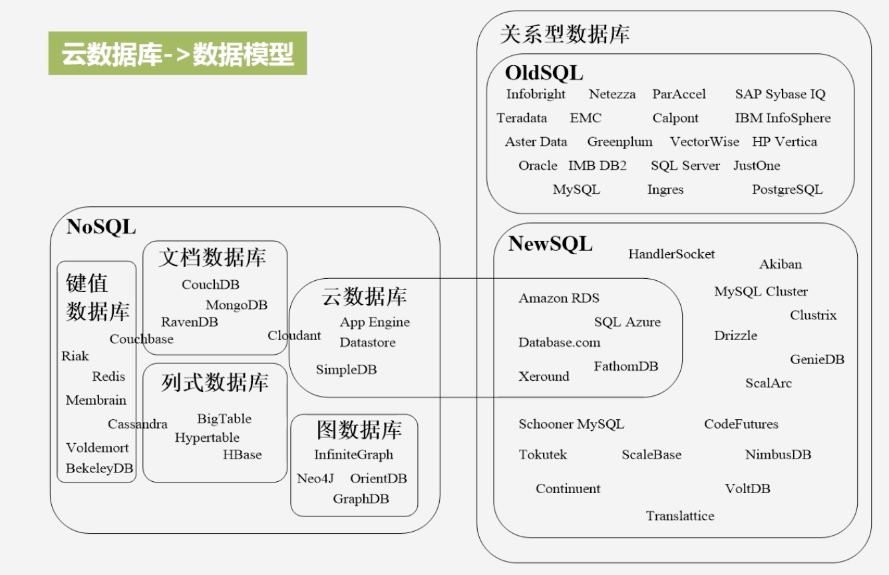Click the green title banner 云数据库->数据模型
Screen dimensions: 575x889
click(x=177, y=53)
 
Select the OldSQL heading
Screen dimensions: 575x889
click(x=544, y=73)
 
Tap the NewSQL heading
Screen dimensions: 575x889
click(x=550, y=244)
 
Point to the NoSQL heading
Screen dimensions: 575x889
click(x=100, y=228)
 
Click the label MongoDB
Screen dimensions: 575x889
click(x=236, y=305)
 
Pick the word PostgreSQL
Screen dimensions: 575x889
click(x=787, y=190)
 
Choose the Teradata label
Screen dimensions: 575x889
click(x=522, y=118)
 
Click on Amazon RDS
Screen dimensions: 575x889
click(x=558, y=298)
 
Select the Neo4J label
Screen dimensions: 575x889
click(x=315, y=479)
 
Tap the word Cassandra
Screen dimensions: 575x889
click(x=138, y=425)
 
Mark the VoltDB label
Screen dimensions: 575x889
click(x=747, y=489)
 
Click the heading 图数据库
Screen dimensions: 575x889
click(x=359, y=431)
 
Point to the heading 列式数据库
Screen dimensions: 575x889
click(x=214, y=383)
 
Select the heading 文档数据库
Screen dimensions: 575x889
click(x=212, y=258)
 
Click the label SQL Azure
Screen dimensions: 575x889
click(x=627, y=322)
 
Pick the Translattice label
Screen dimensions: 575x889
click(x=680, y=516)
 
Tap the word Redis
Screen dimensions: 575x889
click(x=108, y=377)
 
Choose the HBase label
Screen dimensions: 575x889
click(x=242, y=455)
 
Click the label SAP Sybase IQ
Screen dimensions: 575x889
click(x=780, y=95)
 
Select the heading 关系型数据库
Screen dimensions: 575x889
click(x=564, y=35)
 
